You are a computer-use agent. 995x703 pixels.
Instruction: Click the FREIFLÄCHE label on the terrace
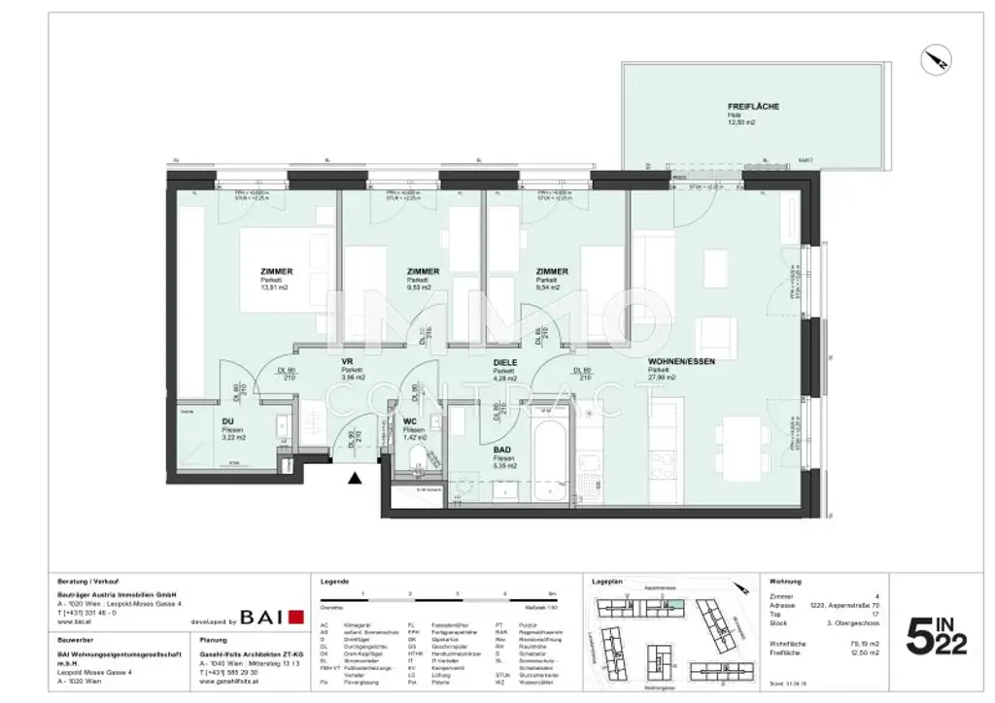753,106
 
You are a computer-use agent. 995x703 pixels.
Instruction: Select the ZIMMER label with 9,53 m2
423,272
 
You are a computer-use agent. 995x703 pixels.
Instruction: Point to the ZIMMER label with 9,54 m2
552,272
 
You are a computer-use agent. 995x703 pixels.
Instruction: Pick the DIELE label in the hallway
503,362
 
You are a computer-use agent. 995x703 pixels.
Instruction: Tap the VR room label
346,362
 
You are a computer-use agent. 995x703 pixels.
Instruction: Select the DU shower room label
227,421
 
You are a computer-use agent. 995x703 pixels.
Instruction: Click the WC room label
410,421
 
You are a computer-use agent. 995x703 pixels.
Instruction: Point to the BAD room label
502,450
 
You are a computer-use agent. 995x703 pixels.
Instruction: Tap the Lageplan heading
606,580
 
